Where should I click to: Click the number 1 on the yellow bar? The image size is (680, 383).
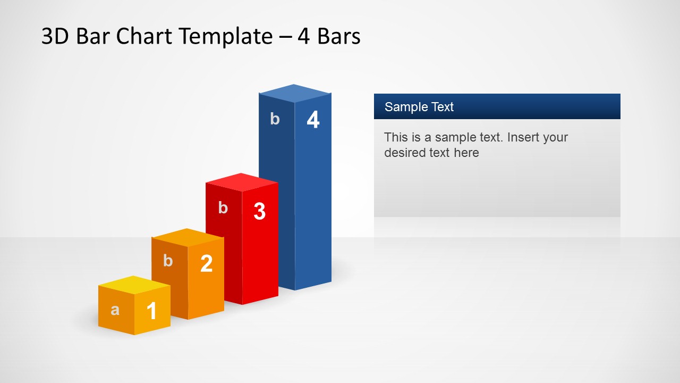(151, 311)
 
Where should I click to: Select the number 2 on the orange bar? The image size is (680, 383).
(207, 263)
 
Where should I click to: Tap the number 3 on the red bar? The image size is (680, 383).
(260, 211)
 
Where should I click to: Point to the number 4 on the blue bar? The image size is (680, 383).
(313, 120)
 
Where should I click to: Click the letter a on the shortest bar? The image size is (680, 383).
(115, 310)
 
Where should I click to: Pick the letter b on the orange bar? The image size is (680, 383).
(168, 261)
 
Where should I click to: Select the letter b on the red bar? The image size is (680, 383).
(223, 208)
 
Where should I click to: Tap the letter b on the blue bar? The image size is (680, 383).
(275, 119)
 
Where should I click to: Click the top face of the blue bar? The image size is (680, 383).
(294, 93)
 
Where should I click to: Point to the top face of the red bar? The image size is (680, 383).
(242, 182)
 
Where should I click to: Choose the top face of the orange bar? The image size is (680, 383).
(188, 238)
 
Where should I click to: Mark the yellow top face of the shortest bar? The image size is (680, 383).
(134, 285)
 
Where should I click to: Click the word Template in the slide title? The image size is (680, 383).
(226, 37)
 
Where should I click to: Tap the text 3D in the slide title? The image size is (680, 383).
(55, 36)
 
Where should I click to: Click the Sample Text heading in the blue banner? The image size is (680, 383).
(419, 107)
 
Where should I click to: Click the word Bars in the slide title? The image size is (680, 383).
(339, 36)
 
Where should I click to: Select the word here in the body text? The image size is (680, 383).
(466, 153)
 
